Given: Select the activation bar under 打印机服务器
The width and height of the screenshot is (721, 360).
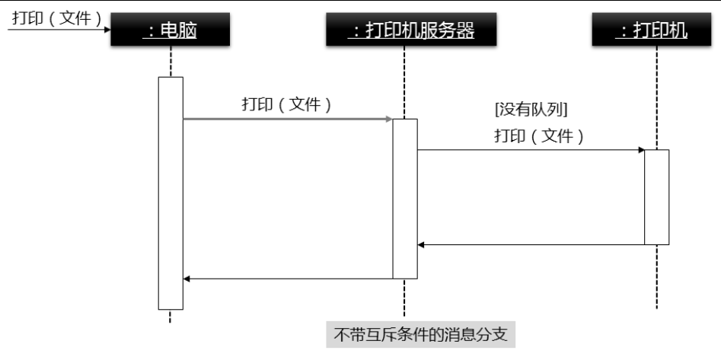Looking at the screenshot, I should coord(405,199).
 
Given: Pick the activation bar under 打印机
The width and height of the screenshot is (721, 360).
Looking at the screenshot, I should coord(657,197).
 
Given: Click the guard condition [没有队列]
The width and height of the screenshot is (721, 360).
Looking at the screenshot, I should coord(532,109).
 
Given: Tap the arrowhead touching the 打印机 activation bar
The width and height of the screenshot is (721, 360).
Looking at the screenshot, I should coord(641,150).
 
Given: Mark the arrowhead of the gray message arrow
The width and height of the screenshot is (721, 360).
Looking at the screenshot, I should coord(388,119).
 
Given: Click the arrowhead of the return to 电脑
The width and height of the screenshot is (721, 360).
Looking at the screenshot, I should coord(187,279).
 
